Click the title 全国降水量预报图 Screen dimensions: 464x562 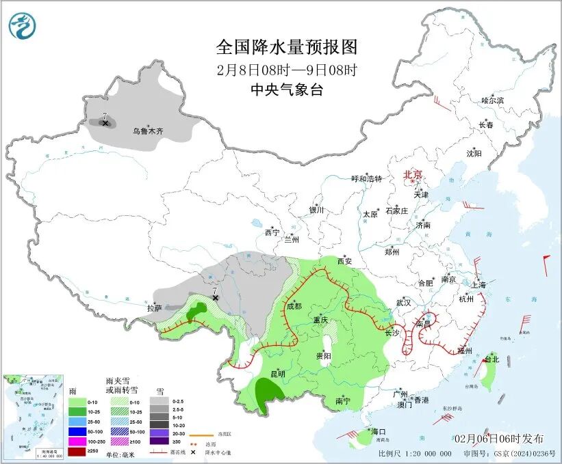pyautogui.click(x=287, y=47)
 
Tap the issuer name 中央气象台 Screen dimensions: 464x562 pyautogui.click(x=287, y=90)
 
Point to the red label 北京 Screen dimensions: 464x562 pyautogui.click(x=413, y=174)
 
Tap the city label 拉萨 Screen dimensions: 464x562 pyautogui.click(x=154, y=308)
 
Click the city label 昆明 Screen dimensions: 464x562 pyautogui.click(x=277, y=374)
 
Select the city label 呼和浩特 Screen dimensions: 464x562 pyautogui.click(x=366, y=179)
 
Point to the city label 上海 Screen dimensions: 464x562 pyautogui.click(x=478, y=284)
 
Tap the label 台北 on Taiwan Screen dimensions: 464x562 pyautogui.click(x=491, y=359)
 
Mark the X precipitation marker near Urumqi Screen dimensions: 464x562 pyautogui.click(x=105, y=124)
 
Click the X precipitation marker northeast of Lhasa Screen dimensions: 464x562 pyautogui.click(x=215, y=298)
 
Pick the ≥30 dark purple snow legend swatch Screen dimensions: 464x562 pyautogui.click(x=157, y=442)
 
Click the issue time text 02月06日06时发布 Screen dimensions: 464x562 pyautogui.click(x=498, y=438)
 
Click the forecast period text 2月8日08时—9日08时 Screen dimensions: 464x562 pyautogui.click(x=287, y=69)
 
